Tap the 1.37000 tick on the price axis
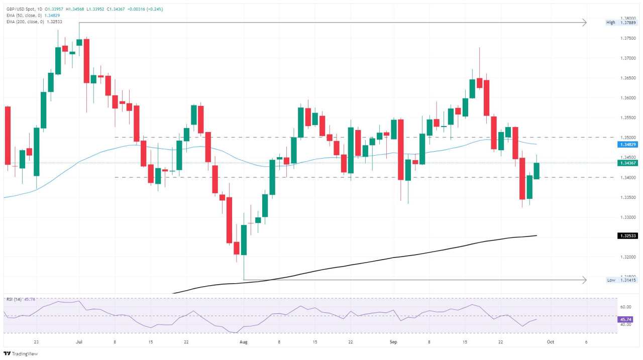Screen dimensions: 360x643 tap(626, 58)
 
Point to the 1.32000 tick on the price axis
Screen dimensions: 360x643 tap(626, 257)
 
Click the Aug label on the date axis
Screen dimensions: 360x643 tap(244, 342)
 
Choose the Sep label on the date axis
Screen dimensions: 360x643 tap(393, 342)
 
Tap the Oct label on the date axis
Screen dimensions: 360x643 tap(550, 342)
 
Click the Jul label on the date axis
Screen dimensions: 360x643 tap(79, 342)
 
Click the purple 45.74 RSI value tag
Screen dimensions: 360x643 tap(625, 319)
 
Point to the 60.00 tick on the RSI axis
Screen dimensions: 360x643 tap(625, 307)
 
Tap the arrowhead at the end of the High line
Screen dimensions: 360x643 tap(584, 23)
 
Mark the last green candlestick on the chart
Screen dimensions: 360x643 tap(537, 171)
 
